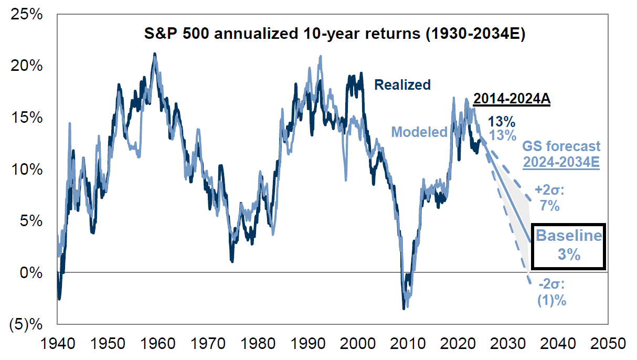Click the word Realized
click(x=402, y=84)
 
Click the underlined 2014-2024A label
click(x=512, y=99)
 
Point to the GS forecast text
click(x=561, y=146)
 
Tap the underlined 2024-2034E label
click(x=561, y=161)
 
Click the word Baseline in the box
click(x=569, y=236)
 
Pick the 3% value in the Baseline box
click(x=569, y=255)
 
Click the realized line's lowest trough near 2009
click(x=404, y=309)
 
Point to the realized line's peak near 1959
click(x=154, y=54)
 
